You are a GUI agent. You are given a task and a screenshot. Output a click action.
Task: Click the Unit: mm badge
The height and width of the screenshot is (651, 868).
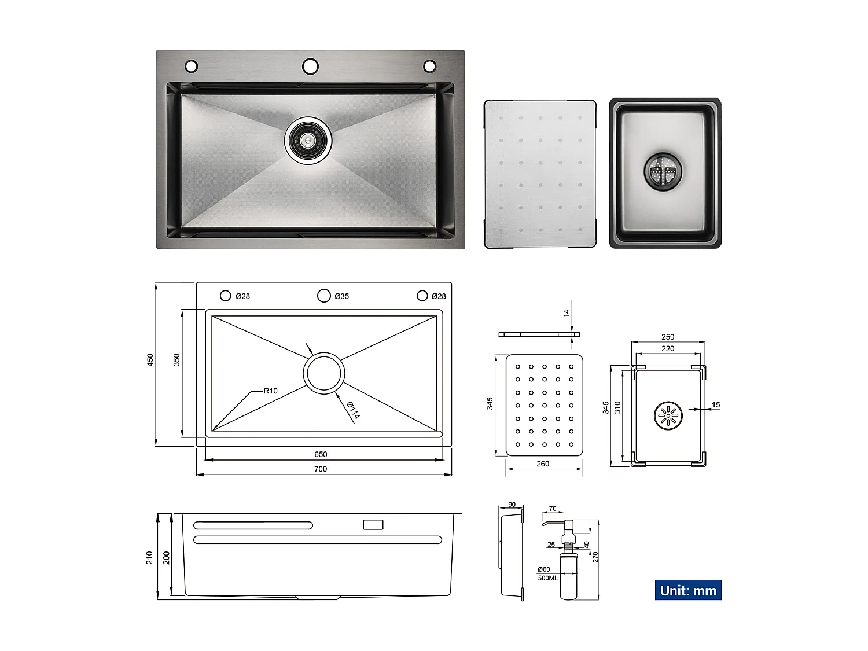pos(687,590)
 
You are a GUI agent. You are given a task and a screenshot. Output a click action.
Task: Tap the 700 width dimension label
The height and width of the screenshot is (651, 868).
pos(321,469)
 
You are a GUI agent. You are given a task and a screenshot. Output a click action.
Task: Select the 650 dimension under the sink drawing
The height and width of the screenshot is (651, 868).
pos(321,454)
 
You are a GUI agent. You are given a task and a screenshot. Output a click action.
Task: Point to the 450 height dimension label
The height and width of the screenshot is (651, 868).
pos(150,360)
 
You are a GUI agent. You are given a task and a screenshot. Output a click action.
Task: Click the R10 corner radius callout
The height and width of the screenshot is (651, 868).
pos(270,391)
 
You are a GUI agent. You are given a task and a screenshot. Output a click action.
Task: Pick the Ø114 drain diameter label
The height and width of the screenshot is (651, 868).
pos(353,410)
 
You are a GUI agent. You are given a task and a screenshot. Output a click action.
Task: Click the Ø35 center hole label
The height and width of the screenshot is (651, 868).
pos(341,296)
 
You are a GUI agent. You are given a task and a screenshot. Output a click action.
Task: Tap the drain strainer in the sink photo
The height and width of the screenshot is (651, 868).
pos(308,140)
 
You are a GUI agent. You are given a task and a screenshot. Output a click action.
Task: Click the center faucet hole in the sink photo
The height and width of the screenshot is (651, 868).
pos(310,66)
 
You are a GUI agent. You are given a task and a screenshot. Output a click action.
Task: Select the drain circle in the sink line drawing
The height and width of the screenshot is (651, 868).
pos(324,373)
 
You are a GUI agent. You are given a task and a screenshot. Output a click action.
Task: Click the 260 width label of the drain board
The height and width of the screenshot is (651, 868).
pos(543,464)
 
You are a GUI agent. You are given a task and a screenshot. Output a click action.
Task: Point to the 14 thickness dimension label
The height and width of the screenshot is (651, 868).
pos(567,313)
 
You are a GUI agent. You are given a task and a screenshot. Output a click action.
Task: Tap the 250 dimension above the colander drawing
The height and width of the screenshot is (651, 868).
pos(668,337)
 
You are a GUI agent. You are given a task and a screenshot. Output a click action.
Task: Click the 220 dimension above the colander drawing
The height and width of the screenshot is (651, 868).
pos(668,348)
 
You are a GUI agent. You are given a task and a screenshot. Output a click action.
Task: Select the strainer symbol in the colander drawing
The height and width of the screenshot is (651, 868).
pos(668,415)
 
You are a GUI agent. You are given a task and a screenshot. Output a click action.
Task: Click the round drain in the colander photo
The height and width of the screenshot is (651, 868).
pos(664,171)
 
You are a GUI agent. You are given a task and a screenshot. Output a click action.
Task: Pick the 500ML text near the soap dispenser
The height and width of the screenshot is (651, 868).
pos(547,578)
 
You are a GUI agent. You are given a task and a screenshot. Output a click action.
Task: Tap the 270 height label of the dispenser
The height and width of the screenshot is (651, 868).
pos(595,557)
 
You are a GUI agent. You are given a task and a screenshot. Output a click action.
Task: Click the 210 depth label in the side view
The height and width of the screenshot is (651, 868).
pos(149,557)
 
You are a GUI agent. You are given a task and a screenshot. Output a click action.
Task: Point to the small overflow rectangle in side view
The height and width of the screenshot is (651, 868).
pos(373,525)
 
